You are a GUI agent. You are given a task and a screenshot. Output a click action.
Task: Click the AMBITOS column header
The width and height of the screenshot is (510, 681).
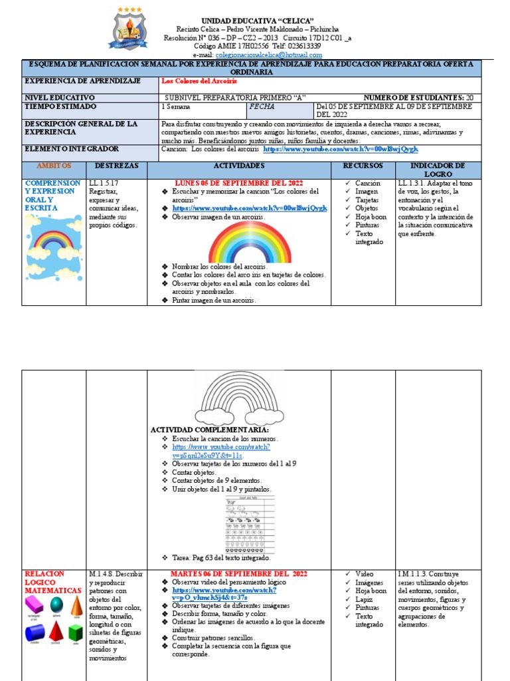tap(54, 165)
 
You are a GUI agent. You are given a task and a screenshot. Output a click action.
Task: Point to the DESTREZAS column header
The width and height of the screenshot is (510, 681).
tap(117, 165)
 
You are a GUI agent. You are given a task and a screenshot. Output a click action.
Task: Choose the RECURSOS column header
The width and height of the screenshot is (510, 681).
tap(363, 165)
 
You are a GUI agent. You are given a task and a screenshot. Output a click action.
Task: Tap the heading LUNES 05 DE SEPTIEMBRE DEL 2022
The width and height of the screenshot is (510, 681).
tap(238, 182)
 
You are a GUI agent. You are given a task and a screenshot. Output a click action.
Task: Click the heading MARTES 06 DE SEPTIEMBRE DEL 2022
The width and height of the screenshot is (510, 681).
tap(238, 573)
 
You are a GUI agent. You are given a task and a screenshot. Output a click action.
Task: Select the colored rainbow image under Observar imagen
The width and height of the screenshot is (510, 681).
tap(250, 242)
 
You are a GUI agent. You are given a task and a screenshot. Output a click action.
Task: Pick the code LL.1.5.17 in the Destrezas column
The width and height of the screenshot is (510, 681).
tap(103, 182)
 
